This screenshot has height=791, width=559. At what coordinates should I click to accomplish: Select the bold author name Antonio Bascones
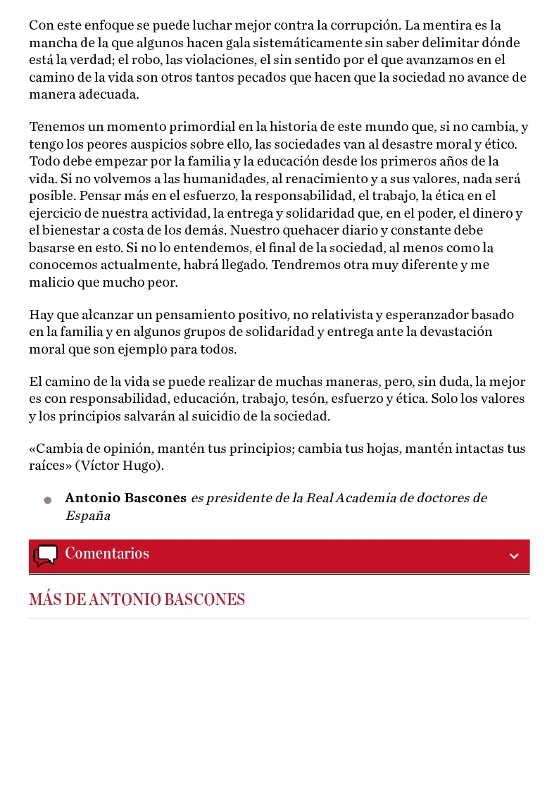[125, 499]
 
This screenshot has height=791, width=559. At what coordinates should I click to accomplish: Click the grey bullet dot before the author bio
[48, 500]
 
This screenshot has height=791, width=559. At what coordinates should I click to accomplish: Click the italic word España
[87, 516]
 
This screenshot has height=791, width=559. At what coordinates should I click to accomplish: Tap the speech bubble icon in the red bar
[46, 555]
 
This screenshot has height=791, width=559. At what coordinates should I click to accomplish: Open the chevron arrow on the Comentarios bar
[514, 556]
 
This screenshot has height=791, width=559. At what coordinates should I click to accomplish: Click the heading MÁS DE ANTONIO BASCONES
[137, 600]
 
